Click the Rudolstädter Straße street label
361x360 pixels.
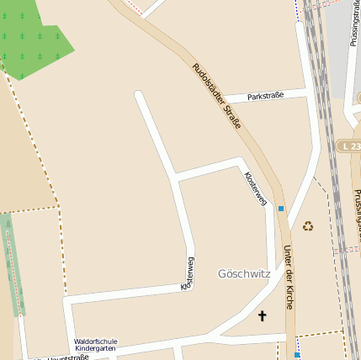[x=217, y=96]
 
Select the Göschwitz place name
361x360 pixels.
[x=243, y=273]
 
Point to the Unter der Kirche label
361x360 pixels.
[x=289, y=278]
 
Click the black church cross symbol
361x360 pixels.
[x=262, y=316]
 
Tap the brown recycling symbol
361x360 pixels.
[x=308, y=225]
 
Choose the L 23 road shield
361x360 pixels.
[x=350, y=146]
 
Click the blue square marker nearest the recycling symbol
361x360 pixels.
[x=281, y=208]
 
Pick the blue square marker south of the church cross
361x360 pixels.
[x=296, y=355]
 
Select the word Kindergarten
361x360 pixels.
[x=96, y=348]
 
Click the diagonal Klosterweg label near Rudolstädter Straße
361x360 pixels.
[x=255, y=189]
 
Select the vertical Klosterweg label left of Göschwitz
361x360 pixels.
[x=188, y=273]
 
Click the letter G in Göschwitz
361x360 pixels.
[x=222, y=273]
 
